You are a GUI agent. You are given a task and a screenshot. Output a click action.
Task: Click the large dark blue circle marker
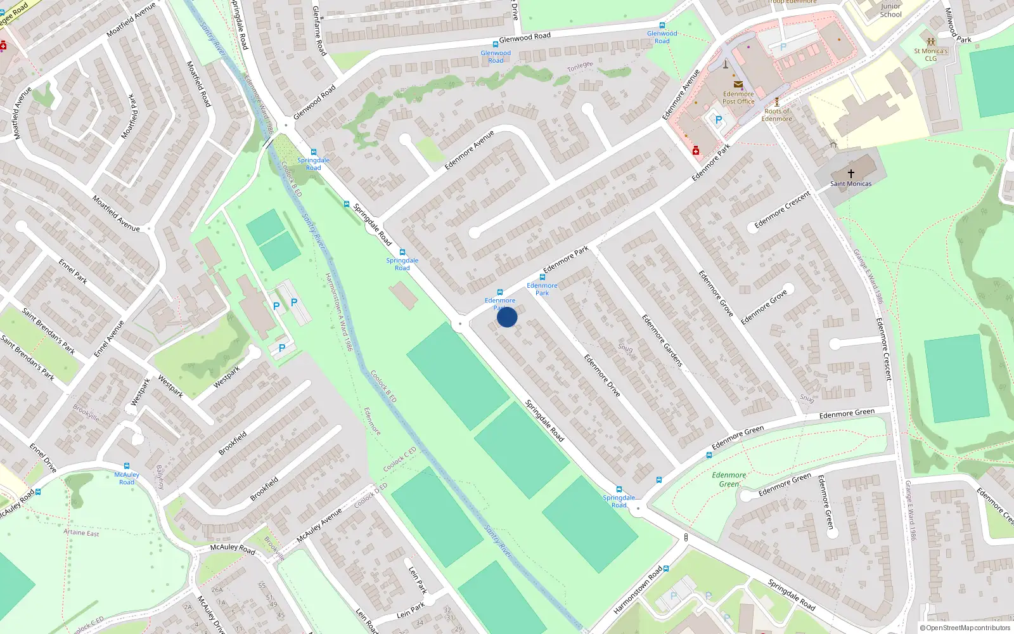[507, 317]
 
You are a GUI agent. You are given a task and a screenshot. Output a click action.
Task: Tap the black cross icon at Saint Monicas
[850, 173]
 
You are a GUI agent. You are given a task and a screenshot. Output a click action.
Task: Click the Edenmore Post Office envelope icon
[738, 84]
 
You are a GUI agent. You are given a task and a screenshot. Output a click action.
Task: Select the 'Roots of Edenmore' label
[776, 115]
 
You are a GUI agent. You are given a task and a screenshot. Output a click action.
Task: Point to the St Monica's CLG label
[930, 55]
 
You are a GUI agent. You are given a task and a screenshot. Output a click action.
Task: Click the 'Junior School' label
[890, 10]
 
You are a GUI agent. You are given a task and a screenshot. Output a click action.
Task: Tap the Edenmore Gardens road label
[662, 340]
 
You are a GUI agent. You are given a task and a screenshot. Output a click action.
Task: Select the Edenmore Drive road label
[602, 375]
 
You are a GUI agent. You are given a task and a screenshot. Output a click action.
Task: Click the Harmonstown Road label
[638, 590]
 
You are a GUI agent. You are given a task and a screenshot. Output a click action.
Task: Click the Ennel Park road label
[73, 271]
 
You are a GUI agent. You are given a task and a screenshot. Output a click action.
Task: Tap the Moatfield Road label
[198, 84]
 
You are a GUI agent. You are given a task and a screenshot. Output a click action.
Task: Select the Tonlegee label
[580, 67]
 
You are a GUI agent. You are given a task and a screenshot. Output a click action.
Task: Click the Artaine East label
[81, 533]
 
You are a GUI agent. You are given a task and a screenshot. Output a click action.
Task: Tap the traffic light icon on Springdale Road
[686, 538]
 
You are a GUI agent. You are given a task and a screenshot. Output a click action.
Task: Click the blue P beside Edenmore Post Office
[718, 120]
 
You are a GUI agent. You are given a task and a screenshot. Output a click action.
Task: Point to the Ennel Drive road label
[43, 458]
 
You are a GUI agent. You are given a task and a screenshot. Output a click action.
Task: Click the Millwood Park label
[958, 25]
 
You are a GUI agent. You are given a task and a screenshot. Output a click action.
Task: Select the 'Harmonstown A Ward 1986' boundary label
[338, 312]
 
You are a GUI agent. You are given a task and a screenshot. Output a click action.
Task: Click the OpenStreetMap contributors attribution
[965, 628]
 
